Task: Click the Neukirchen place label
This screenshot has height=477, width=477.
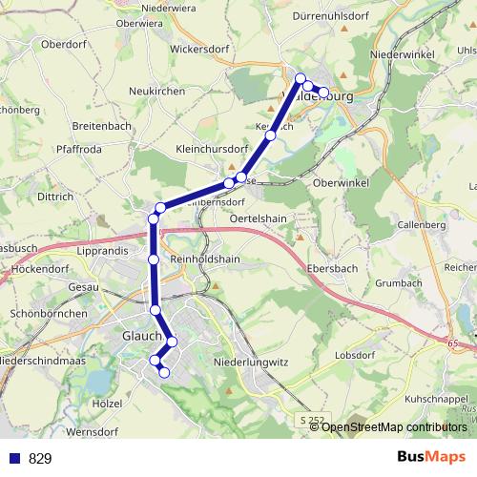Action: (x=157, y=91)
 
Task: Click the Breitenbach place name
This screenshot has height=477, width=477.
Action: (x=103, y=126)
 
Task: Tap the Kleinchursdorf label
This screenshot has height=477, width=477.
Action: (x=212, y=149)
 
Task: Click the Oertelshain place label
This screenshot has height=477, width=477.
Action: (x=259, y=218)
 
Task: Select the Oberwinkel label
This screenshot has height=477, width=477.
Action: (x=341, y=181)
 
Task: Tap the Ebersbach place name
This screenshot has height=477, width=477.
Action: (x=332, y=269)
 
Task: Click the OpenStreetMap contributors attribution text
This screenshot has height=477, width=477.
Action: (x=394, y=427)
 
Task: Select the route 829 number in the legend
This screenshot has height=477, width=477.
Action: (x=40, y=459)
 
